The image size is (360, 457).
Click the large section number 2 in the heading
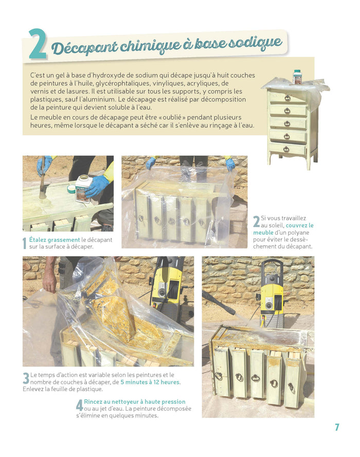(x=38, y=44)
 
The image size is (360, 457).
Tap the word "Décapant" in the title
(x=85, y=48)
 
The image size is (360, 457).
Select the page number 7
(x=337, y=427)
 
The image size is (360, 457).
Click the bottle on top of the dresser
(x=297, y=77)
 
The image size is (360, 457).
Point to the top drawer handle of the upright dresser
(x=287, y=98)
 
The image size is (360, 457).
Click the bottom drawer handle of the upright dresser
(x=286, y=149)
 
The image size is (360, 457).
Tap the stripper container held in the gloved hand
(x=82, y=188)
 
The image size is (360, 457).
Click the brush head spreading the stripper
(x=43, y=193)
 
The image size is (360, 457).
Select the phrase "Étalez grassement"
(x=55, y=240)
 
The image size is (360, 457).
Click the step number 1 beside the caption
(x=25, y=243)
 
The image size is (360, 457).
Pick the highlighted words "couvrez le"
(x=300, y=225)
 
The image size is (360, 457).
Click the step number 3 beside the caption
(x=26, y=378)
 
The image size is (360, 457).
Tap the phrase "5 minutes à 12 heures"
(x=150, y=382)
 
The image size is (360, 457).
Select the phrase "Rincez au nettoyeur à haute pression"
(x=135, y=401)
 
